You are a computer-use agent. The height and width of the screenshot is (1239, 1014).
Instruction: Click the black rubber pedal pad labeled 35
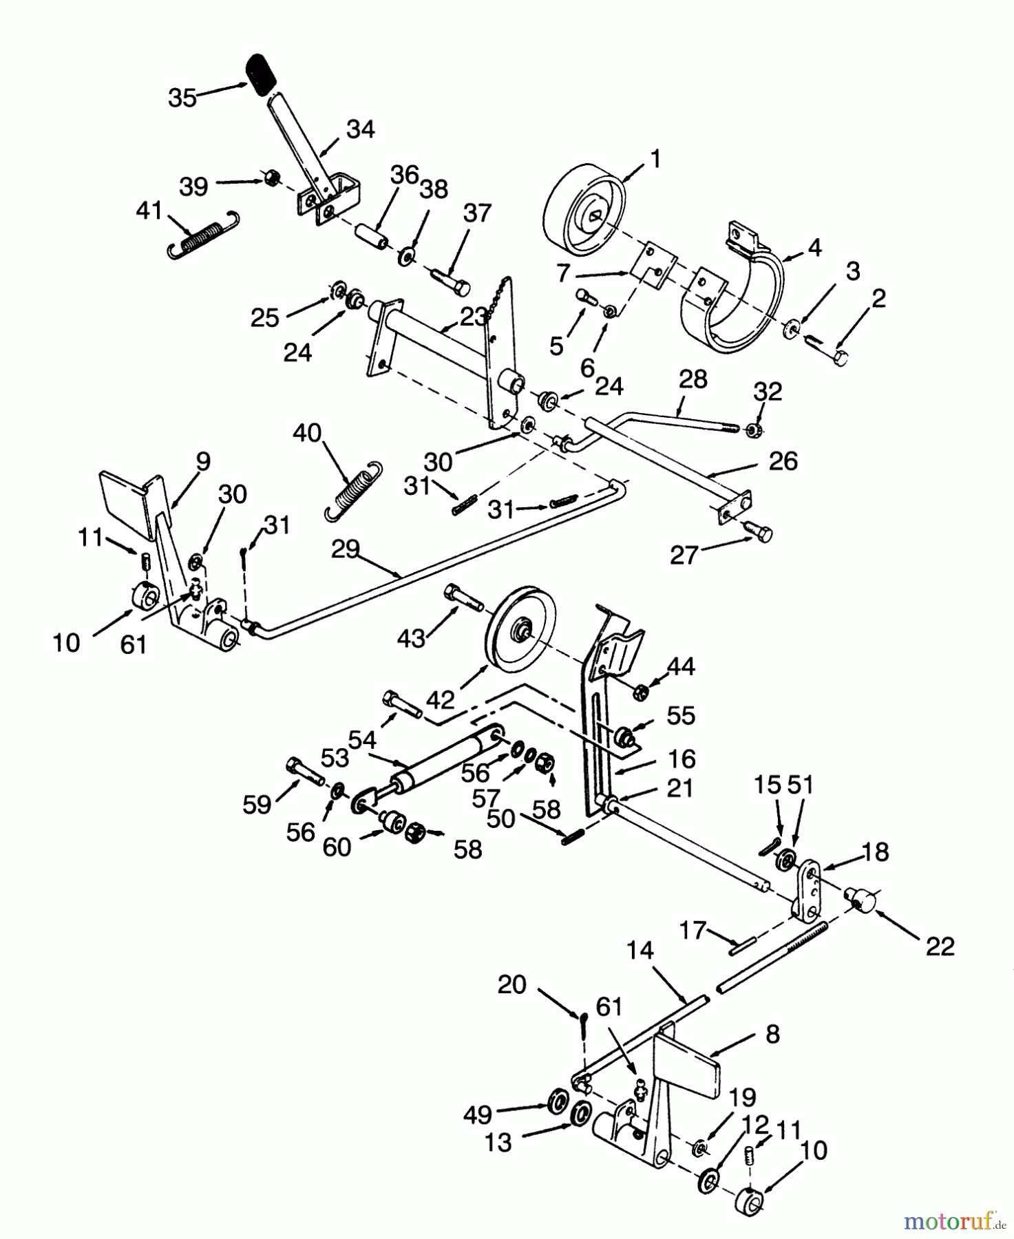coord(261,74)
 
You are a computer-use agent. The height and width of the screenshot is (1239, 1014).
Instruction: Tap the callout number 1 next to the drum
coord(655,160)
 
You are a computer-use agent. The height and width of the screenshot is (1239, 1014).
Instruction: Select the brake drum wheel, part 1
coord(584,210)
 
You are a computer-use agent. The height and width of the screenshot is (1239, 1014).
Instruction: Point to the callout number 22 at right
coord(940,946)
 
